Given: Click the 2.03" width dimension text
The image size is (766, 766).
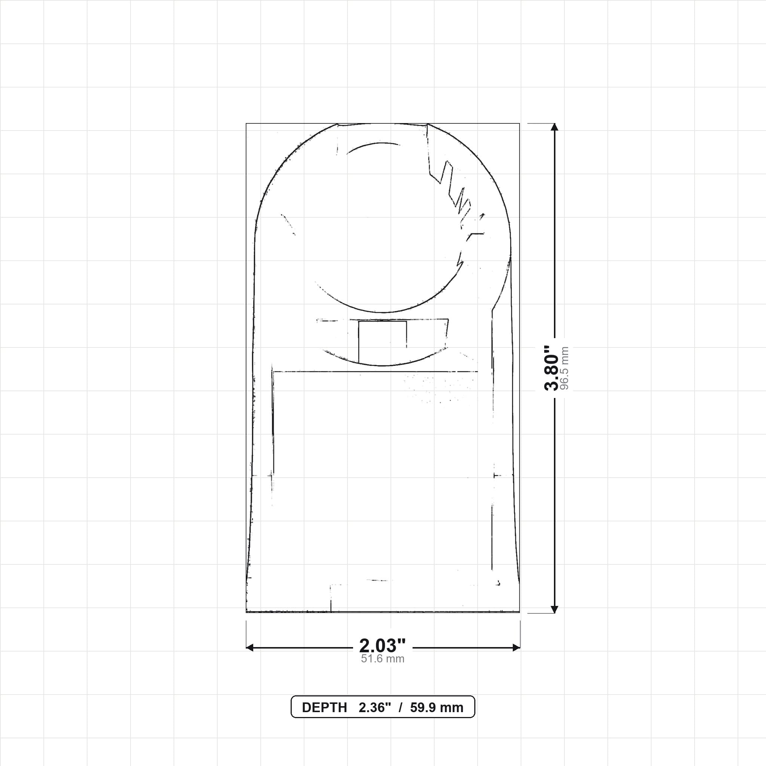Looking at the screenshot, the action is tap(382, 646).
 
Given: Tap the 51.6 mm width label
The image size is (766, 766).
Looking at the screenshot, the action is tap(383, 659).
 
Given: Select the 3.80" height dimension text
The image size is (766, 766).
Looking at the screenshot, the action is tap(552, 368).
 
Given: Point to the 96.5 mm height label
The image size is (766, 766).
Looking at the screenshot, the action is tap(564, 368).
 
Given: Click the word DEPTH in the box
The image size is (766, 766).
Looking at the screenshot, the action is tap(324, 707).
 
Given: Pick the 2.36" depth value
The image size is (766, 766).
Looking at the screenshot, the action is tap(375, 707).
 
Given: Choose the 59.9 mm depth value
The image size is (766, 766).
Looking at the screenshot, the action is tap(436, 707).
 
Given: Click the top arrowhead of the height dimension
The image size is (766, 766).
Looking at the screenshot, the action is tap(555, 127).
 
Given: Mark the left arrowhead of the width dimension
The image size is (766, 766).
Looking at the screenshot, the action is tap(250, 648).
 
